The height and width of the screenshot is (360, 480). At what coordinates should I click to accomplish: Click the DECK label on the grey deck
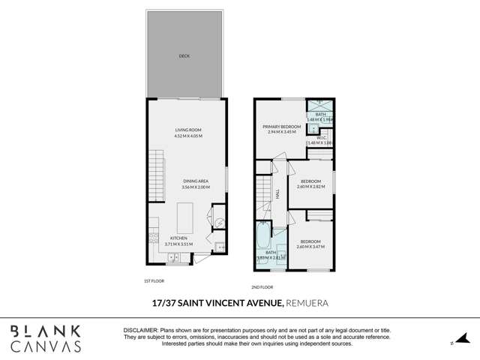(184, 55)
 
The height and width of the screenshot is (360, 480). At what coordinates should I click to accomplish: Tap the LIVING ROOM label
(187, 130)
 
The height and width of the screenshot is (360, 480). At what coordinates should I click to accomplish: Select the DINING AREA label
(195, 181)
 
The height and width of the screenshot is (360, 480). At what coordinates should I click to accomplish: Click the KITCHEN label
(178, 238)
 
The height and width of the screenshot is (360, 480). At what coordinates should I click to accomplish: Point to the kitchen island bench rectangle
(186, 217)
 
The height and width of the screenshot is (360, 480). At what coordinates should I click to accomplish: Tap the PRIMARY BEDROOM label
(281, 127)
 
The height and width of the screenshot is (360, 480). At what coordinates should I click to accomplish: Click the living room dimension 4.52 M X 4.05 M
(187, 136)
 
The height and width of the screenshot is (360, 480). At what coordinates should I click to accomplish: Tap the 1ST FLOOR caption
(154, 281)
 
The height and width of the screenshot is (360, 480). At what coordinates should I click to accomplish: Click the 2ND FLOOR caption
(262, 287)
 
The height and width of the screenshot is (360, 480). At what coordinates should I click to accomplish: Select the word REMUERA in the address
(308, 303)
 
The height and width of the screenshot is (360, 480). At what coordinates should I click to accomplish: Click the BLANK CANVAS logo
(46, 339)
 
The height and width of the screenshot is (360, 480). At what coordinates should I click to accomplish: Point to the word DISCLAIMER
(140, 330)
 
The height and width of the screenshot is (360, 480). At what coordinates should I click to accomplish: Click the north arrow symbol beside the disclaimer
(452, 343)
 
